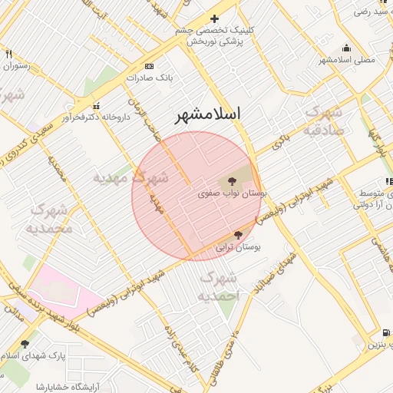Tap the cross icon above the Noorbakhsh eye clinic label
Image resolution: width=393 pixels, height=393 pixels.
[x=214, y=18]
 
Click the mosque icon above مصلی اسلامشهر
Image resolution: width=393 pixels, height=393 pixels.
[x=347, y=48]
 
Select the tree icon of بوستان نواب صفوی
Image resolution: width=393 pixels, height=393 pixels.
[x=233, y=182]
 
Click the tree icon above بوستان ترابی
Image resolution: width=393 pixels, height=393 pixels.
[x=238, y=235]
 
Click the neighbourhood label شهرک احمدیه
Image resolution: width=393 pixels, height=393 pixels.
[x=219, y=285]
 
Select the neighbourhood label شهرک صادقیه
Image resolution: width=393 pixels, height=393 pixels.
[x=325, y=121]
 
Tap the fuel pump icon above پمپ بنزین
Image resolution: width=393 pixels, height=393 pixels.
[x=385, y=332]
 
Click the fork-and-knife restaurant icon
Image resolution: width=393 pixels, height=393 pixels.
[x=8, y=54]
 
